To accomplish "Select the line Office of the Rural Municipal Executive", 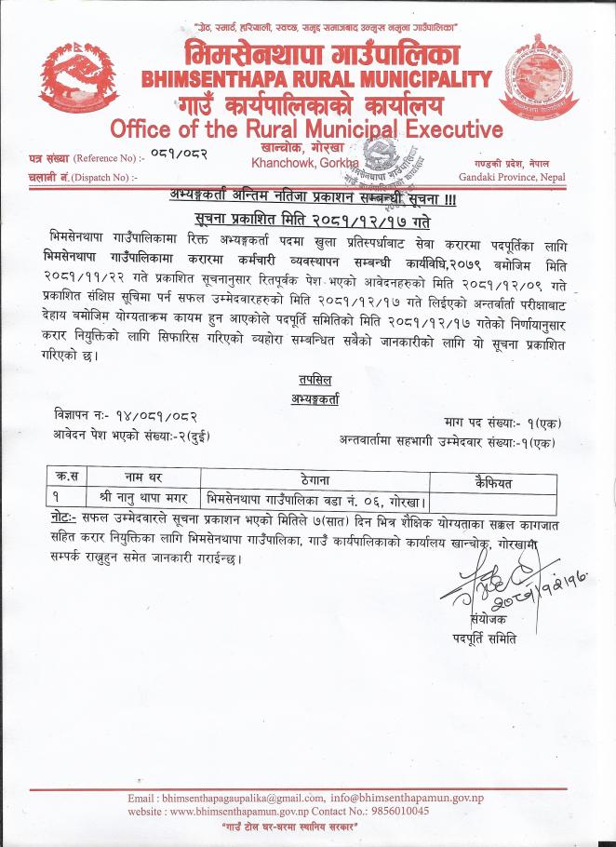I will click(306, 128).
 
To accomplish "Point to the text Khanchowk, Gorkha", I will click(298, 163).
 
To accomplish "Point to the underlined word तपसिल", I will click(313, 381).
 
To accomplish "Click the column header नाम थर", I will click(137, 478).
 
